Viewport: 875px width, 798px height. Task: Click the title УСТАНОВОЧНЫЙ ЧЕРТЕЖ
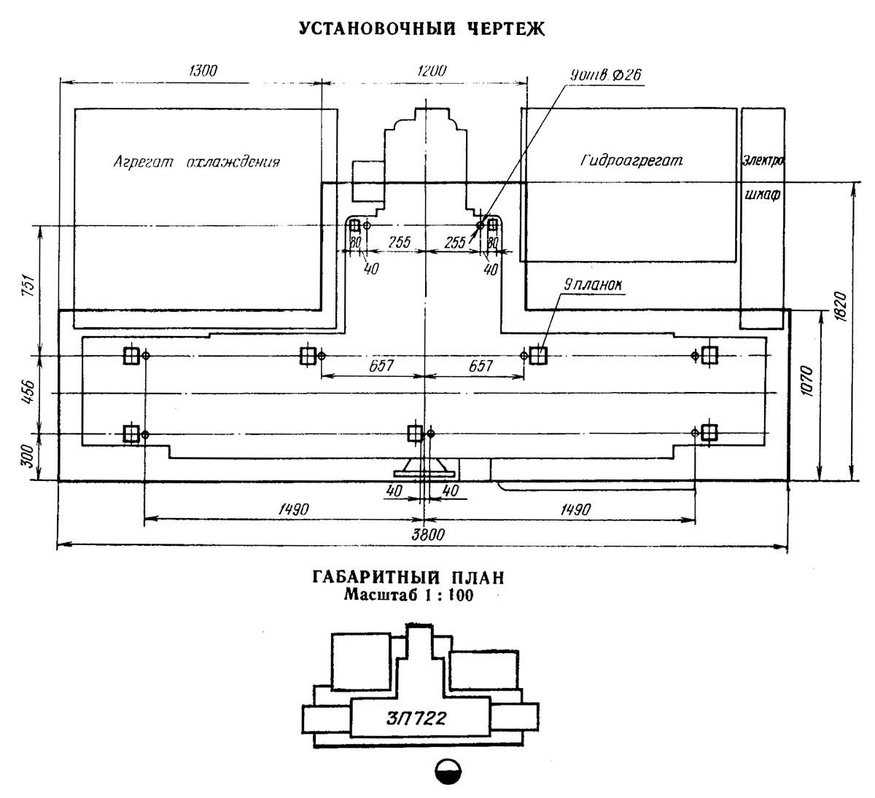click(x=421, y=28)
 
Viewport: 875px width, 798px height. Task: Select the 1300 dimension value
click(x=203, y=70)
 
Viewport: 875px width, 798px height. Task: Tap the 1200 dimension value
click(x=432, y=70)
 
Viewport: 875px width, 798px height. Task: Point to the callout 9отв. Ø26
click(x=605, y=76)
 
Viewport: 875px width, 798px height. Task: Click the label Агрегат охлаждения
click(x=196, y=162)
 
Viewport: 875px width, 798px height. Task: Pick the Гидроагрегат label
click(x=631, y=160)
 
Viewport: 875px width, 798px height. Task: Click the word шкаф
click(x=763, y=195)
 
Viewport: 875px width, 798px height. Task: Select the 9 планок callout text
click(x=593, y=285)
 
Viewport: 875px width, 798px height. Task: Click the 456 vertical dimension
click(x=28, y=392)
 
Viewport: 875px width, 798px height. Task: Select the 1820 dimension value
click(x=839, y=307)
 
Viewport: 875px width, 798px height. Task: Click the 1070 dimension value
click(x=807, y=381)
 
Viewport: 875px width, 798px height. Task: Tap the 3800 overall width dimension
click(x=427, y=534)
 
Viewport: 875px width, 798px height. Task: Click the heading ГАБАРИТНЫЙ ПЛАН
click(x=408, y=578)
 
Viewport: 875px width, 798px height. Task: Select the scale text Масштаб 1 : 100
click(x=408, y=595)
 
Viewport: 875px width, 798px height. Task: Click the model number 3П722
click(x=416, y=719)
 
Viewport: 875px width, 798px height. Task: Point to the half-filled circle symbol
click(x=448, y=772)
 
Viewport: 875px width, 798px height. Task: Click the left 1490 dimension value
click(x=294, y=509)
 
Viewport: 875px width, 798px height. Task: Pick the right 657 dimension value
click(x=481, y=366)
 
